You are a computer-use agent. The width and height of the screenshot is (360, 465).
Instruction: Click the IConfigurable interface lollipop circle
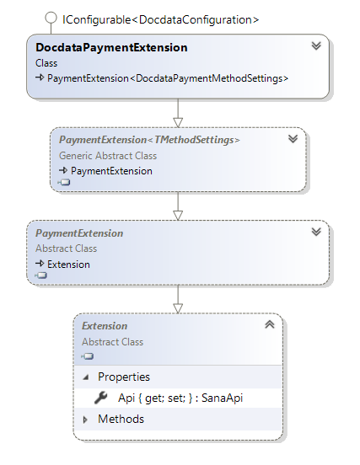click(51, 18)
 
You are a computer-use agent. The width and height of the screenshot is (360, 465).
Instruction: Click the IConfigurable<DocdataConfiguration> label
click(160, 20)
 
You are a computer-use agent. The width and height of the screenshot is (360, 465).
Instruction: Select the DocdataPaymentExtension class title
click(111, 47)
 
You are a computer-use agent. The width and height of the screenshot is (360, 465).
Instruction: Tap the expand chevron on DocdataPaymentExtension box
click(316, 45)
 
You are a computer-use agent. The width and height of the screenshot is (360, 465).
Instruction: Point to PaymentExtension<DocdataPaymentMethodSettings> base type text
click(168, 78)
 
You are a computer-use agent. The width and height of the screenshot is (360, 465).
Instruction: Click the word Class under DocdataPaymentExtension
click(46, 63)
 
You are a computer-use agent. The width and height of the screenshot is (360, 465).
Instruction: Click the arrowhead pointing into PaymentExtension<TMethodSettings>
click(178, 122)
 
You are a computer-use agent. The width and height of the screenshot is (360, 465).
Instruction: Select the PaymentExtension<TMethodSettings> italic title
click(149, 140)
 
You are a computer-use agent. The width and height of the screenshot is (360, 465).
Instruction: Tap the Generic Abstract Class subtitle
click(108, 156)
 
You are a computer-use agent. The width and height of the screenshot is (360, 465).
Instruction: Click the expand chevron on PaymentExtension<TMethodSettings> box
click(293, 138)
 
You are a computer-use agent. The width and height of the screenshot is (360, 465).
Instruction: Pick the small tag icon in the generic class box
click(64, 182)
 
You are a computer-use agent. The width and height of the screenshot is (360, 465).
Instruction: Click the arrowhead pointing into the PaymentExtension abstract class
click(178, 216)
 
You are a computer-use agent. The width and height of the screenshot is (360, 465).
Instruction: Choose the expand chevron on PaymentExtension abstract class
click(316, 232)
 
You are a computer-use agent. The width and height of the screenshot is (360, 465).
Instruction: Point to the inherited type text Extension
click(68, 265)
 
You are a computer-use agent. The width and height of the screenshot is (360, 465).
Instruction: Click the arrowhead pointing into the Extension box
click(178, 308)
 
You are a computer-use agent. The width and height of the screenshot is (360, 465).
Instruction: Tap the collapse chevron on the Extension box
click(270, 324)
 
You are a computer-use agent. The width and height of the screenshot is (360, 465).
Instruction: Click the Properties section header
click(124, 377)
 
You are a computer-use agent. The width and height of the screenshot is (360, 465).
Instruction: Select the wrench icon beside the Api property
click(101, 398)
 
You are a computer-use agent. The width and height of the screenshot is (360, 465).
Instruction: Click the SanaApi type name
click(223, 398)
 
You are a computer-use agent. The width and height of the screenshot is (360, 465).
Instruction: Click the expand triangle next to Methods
click(85, 420)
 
